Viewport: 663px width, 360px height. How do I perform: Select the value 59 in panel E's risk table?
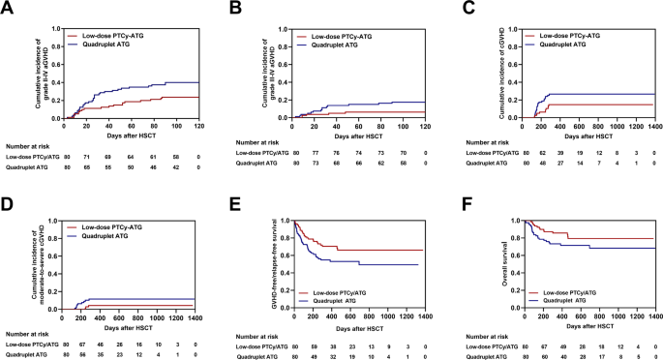(315, 344)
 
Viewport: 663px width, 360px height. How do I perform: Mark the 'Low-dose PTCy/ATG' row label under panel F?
(485, 344)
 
